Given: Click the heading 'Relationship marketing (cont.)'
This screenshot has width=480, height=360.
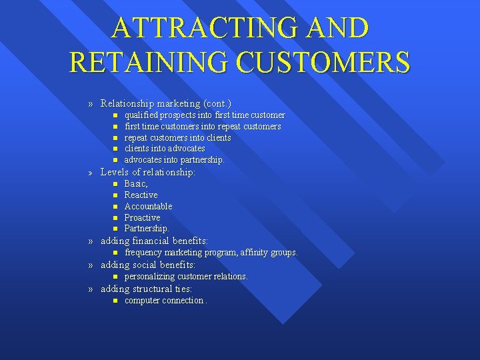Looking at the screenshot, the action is tap(165, 103).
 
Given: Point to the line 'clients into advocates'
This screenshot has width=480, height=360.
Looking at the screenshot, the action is tap(165, 149).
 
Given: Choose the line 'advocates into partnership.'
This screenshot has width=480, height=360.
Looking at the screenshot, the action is tap(175, 160).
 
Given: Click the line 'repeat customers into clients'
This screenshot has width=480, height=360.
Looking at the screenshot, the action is tap(178, 137).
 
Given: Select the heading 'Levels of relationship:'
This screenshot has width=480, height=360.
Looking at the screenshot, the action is tap(148, 172).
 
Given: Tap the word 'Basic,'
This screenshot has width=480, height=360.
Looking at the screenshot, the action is tap(136, 183).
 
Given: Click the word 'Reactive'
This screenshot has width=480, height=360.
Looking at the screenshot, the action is tap(141, 195).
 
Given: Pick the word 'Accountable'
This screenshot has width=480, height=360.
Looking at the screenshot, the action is tap(148, 206).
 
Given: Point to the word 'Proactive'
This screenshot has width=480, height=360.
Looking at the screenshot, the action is tap(143, 217).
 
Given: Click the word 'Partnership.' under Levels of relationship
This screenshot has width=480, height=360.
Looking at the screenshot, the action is tap(147, 229).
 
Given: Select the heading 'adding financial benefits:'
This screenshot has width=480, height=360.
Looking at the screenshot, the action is tap(154, 241).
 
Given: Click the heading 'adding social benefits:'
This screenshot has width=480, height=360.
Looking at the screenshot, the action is tap(148, 265).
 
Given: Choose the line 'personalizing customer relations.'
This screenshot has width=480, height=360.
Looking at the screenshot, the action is tap(186, 276).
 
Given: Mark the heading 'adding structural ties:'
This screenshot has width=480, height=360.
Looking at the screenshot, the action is tap(146, 289).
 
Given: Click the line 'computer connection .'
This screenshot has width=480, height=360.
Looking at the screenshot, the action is tap(166, 301).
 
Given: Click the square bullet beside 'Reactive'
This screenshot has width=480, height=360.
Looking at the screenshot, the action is tap(115, 195).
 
